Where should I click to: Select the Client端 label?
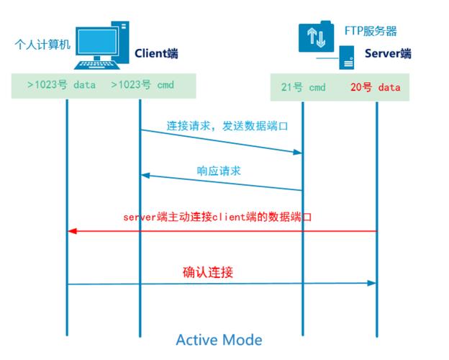[157, 53]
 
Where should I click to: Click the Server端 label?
[388, 53]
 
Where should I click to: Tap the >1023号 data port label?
[61, 85]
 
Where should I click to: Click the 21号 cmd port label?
[303, 88]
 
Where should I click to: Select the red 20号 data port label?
[375, 88]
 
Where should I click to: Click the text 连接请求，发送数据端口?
[227, 125]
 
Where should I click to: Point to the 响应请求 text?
[219, 171]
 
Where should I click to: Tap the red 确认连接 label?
[208, 273]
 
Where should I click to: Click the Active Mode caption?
[219, 339]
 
